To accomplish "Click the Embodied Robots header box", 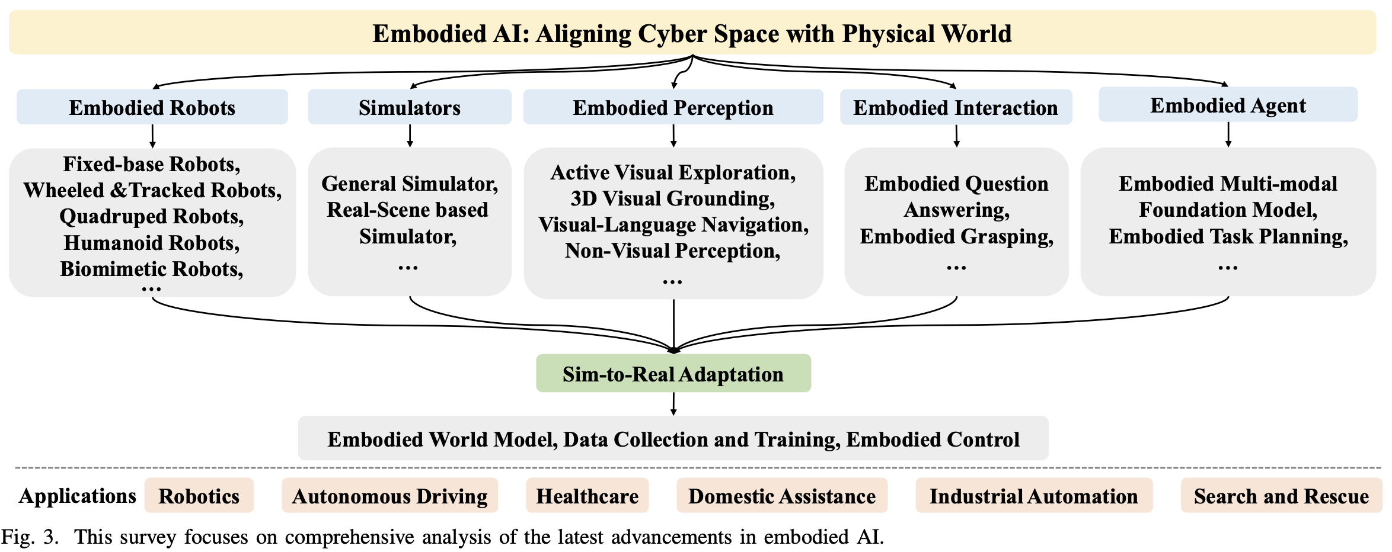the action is (152, 107).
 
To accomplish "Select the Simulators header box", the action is (409, 107).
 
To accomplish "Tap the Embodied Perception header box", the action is (673, 107).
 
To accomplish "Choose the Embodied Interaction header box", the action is (956, 107).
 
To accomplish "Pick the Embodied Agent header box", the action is (1228, 105).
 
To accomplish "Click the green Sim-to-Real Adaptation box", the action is (673, 374).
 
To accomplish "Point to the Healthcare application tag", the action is (587, 496).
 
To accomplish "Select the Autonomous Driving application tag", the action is (389, 496).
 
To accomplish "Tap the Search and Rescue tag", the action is (1281, 496).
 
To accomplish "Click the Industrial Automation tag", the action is (1033, 496).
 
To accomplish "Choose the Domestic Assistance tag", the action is (781, 496).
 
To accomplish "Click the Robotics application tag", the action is (199, 496).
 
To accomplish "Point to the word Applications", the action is (77, 496).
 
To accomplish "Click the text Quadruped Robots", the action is (151, 216).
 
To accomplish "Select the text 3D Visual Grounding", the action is (673, 198).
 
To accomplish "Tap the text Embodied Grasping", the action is (956, 236).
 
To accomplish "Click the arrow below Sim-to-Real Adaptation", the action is (673, 404).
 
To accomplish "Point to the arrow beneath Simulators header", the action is (410, 136).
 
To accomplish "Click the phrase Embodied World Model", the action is (442, 439).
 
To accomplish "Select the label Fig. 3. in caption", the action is (30, 537).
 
